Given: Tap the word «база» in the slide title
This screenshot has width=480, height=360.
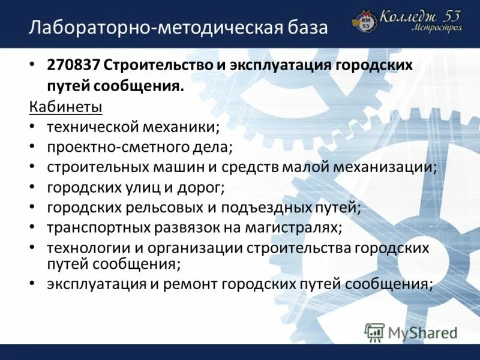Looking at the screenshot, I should [306, 28].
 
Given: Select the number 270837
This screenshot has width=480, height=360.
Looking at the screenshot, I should [75, 65].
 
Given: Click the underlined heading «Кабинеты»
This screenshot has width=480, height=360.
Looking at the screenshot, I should [66, 107].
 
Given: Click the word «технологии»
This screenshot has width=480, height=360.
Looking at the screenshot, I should [85, 248].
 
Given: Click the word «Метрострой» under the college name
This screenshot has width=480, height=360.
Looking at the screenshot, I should [437, 28].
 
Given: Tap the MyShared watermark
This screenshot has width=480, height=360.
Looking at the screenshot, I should [412, 332].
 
